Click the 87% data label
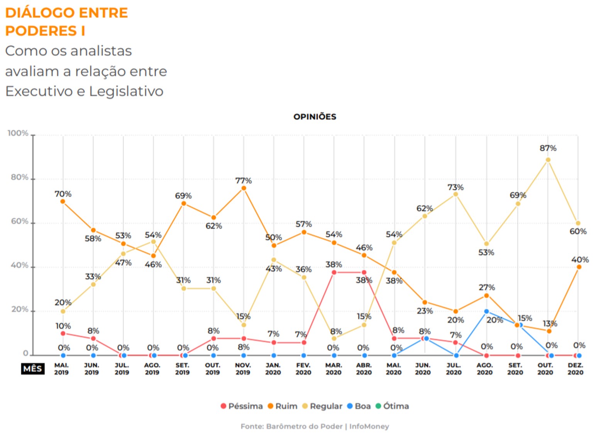(548, 148)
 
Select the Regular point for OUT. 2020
(548, 160)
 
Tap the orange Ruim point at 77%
(244, 188)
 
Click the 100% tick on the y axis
(18, 134)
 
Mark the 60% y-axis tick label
(20, 222)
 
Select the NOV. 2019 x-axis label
(243, 369)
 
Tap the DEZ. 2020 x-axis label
(575, 369)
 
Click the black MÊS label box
(32, 369)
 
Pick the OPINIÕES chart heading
(315, 117)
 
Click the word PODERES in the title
(41, 31)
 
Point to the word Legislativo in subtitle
(126, 91)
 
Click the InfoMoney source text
(369, 426)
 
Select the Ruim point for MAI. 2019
(63, 201)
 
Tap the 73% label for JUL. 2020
(455, 188)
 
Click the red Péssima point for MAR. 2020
(334, 272)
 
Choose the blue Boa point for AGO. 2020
(486, 311)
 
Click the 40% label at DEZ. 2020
(580, 260)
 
